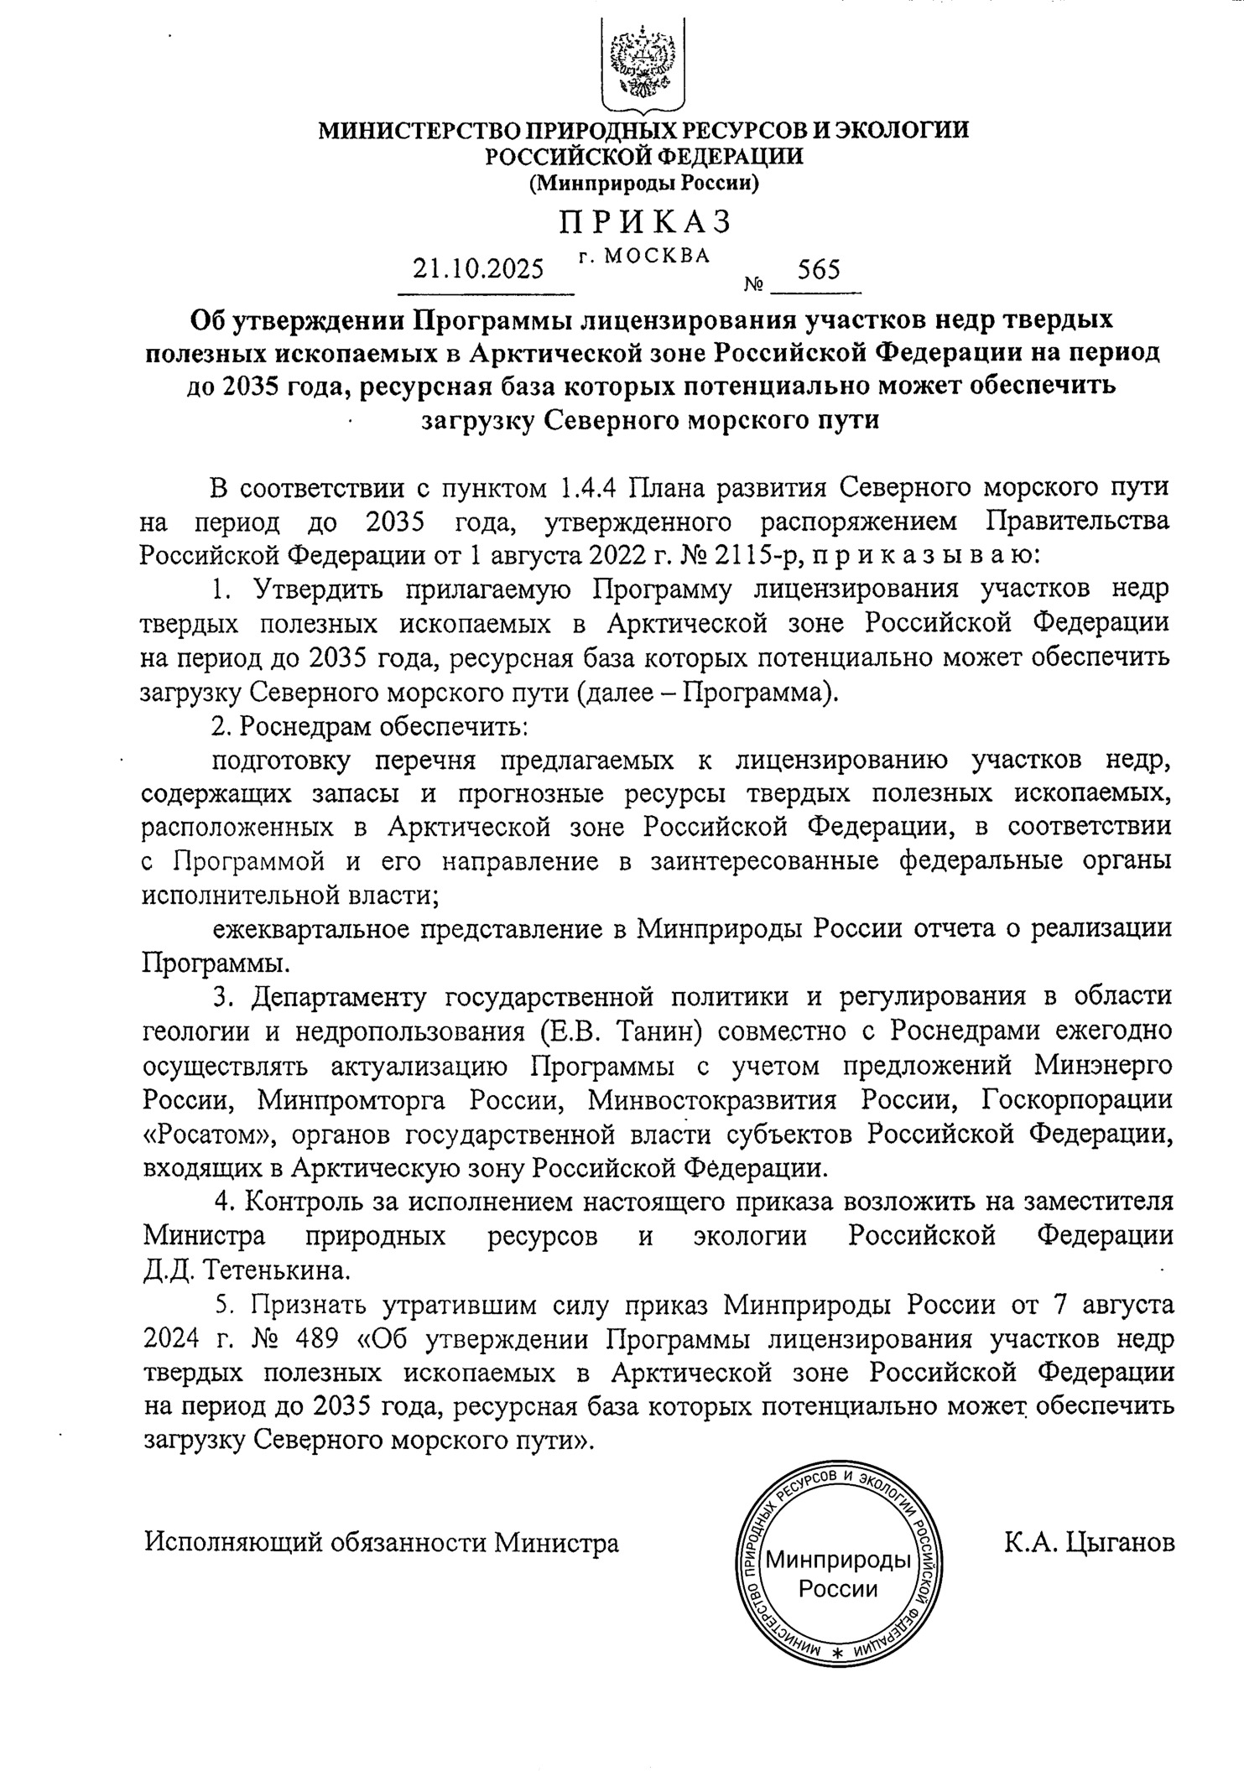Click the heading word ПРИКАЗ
pos(645,221)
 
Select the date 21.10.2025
pos(478,270)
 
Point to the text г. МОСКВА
pos(644,255)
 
